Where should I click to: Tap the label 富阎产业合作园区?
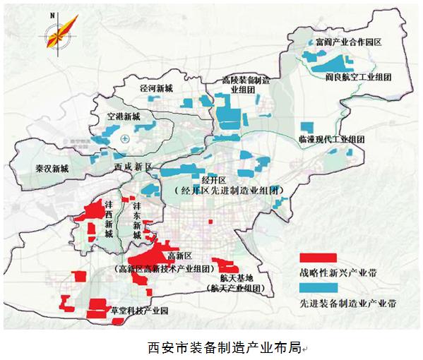tap(348, 42)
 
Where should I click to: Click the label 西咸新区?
tap(133, 167)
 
